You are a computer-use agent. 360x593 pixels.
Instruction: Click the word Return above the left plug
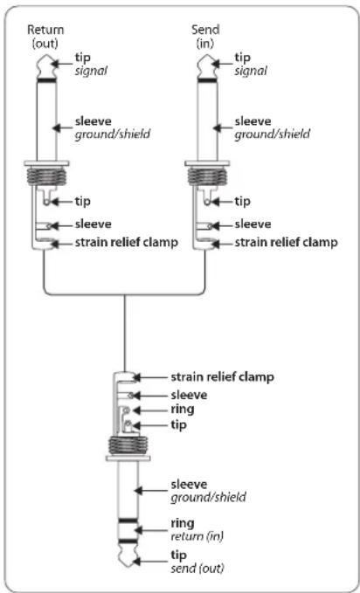point(45,30)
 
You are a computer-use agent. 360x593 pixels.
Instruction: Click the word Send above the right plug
point(205,30)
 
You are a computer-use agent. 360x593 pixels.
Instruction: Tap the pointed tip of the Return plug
point(45,55)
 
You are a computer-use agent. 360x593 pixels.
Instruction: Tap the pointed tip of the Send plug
point(207,55)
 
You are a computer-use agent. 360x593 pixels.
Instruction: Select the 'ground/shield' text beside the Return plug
point(112,134)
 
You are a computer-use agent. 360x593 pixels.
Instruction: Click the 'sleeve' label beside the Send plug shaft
point(253,121)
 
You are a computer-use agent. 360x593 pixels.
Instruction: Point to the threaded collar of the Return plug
point(46,176)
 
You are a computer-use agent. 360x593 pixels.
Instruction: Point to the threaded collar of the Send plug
point(207,176)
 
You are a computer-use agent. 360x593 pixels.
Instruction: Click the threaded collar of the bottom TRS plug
point(128,445)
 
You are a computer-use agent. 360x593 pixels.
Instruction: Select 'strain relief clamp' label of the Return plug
point(127,243)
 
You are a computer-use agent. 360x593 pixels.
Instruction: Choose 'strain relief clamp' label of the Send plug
point(287,243)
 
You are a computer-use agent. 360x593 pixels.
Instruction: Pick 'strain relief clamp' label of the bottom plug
point(223,377)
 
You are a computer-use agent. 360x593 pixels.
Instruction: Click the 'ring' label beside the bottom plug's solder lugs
point(183,410)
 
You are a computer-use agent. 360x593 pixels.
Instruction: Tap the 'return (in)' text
point(197,536)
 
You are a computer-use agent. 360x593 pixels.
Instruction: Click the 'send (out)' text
point(197,568)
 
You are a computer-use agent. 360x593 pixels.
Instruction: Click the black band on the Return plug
point(46,79)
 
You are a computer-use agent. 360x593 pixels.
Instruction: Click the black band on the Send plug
point(207,79)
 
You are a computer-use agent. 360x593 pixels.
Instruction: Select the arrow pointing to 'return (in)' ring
point(150,530)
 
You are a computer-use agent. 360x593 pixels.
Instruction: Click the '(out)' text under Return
point(45,44)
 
